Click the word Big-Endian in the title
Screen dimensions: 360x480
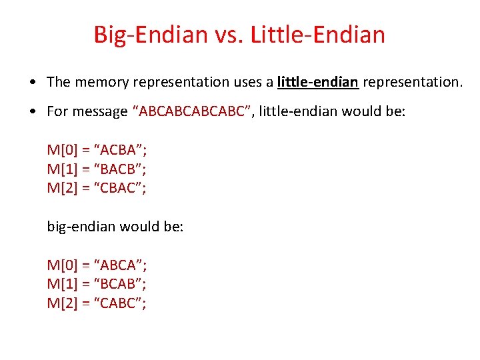click(x=151, y=35)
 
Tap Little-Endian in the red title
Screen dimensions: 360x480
click(x=318, y=35)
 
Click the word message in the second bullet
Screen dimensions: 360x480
click(x=101, y=111)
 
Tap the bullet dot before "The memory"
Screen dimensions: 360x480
click(x=33, y=83)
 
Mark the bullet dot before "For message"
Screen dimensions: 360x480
click(x=33, y=112)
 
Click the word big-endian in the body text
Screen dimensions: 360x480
click(x=79, y=227)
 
